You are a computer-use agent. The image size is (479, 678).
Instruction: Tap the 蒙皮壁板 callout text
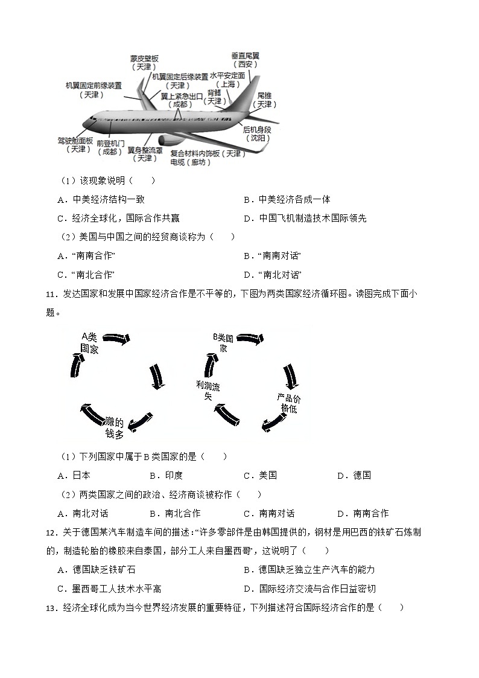click(144, 59)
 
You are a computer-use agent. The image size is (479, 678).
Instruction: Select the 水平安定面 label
click(227, 76)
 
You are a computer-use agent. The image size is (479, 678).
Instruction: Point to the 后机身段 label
click(257, 130)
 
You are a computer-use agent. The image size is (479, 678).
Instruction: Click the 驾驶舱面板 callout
click(75, 141)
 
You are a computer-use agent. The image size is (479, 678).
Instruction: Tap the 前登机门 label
click(110, 144)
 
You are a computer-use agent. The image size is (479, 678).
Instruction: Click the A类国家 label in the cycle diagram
click(90, 342)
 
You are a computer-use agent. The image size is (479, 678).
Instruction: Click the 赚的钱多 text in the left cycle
click(114, 427)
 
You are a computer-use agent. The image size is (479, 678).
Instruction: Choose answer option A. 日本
click(74, 475)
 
